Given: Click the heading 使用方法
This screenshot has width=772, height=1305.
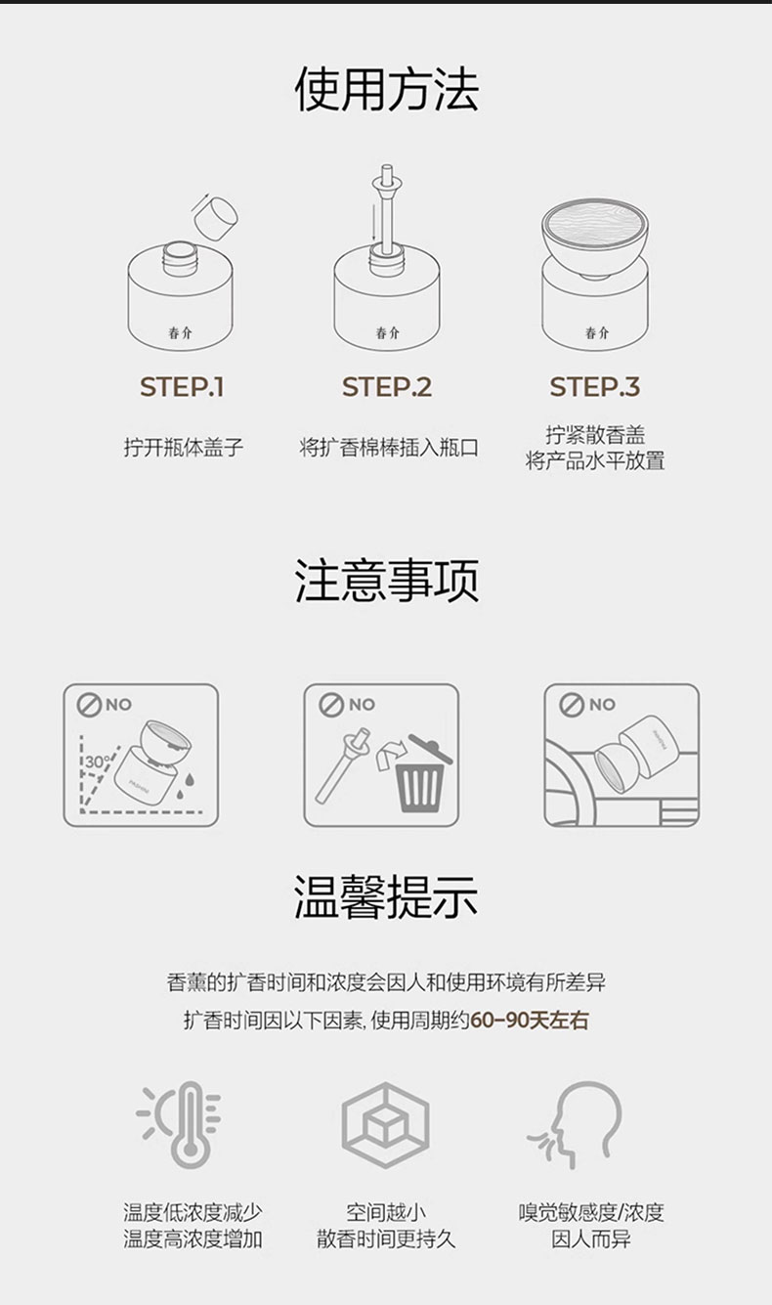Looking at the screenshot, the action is click(x=387, y=89).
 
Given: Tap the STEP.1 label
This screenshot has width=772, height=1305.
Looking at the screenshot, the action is click(x=182, y=387).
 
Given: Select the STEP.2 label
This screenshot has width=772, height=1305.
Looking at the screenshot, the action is click(x=387, y=387).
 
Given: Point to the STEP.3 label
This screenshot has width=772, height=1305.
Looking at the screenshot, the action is click(x=594, y=387).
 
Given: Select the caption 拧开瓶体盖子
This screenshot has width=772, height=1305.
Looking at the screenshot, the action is click(x=183, y=448).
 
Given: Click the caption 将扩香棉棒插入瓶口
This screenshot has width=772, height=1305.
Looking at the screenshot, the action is click(x=388, y=448).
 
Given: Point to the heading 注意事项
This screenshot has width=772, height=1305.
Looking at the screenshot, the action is click(x=387, y=581).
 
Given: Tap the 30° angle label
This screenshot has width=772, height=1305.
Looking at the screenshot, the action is click(x=98, y=761).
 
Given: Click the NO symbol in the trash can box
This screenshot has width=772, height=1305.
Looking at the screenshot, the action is click(x=330, y=705).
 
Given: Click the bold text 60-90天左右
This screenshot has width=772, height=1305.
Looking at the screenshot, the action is click(x=530, y=1021).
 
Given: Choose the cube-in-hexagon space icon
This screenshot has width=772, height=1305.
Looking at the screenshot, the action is click(x=385, y=1124).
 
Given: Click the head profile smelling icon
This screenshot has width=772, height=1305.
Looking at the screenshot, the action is click(x=577, y=1125).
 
